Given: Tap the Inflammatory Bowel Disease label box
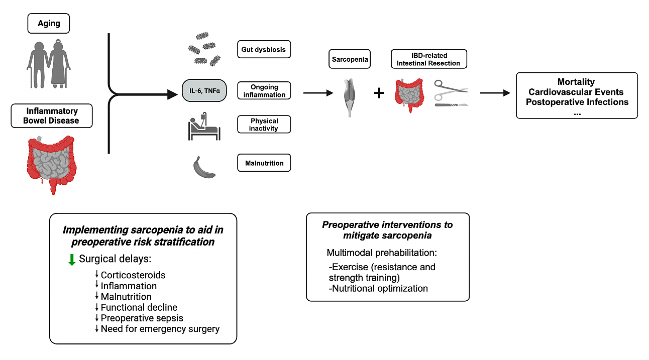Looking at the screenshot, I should (x=52, y=115).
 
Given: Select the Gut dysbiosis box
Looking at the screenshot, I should (x=264, y=50).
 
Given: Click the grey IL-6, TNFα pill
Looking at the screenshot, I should (x=201, y=91).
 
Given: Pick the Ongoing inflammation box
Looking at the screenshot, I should (x=264, y=91).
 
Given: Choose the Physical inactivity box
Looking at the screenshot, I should (x=264, y=125).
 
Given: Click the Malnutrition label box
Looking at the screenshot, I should (x=264, y=163).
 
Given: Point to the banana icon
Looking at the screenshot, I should (x=204, y=167).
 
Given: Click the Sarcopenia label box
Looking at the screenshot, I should (x=350, y=59).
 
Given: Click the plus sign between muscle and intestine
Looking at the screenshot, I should (x=379, y=93).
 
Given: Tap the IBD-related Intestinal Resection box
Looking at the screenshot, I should (x=428, y=59).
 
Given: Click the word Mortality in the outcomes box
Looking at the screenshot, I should (x=576, y=82).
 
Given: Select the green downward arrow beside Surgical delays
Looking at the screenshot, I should (x=72, y=259).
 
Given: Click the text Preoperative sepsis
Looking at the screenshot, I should (x=142, y=318).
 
